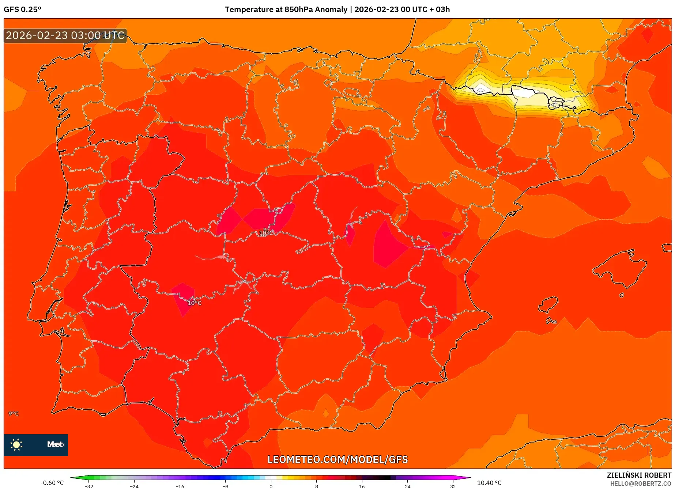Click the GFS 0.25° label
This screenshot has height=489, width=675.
[x=22, y=10]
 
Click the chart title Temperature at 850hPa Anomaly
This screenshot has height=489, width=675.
[x=286, y=10]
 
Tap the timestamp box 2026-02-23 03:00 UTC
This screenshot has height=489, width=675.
[x=65, y=35]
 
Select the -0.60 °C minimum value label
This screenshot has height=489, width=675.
[x=52, y=483]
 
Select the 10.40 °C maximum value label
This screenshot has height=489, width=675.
[x=489, y=483]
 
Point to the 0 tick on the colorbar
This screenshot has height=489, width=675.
[x=271, y=486]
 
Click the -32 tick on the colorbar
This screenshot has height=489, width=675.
[x=89, y=486]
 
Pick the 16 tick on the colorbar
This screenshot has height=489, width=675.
[x=362, y=486]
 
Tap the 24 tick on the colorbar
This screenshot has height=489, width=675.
[x=407, y=486]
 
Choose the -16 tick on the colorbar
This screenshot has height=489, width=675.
[x=180, y=486]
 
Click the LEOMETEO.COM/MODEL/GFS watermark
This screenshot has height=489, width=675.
[x=337, y=459]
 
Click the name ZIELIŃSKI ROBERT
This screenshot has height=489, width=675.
[x=639, y=475]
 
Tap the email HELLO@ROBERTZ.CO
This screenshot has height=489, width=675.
[x=640, y=484]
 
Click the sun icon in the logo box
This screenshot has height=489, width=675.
[x=16, y=444]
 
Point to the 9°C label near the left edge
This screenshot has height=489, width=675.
[x=14, y=413]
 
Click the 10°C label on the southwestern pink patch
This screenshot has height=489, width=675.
[x=194, y=303]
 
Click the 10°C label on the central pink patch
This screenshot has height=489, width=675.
[x=266, y=233]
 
